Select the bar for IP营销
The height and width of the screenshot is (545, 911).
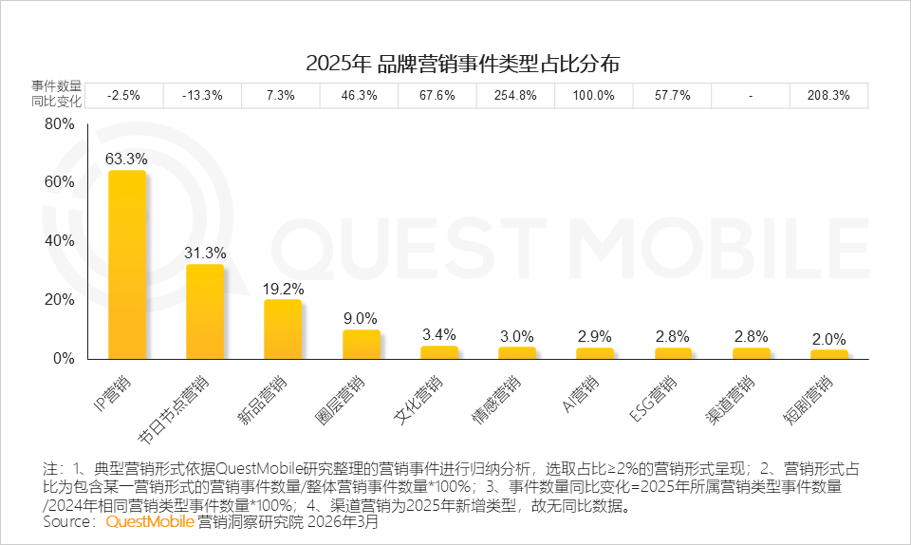coord(127,265)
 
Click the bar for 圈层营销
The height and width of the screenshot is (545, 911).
coord(361,345)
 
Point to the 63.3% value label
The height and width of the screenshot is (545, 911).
coord(126,159)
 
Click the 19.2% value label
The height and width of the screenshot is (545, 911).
coord(283,289)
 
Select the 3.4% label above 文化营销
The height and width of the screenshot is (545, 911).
coord(438,333)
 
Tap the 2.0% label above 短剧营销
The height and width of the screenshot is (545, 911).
coord(828,339)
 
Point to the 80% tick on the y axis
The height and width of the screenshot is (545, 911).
coord(60,124)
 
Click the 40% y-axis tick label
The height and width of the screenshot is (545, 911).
coord(60,241)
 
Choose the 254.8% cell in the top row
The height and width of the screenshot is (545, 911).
coord(516,96)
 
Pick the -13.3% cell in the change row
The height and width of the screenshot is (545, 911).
coord(203,96)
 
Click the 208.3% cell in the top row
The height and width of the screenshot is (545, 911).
coord(828,96)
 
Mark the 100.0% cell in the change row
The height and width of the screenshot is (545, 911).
coord(594,96)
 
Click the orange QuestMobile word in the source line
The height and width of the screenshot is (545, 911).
coord(150,521)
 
